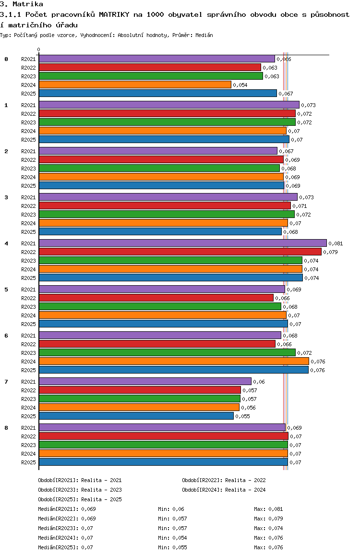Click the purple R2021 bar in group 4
[183, 243]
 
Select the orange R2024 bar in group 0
[135, 85]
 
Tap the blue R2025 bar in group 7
[136, 416]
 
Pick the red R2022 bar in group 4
[180, 252]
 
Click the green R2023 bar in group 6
[167, 352]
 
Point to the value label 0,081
[336, 243]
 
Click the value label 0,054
[240, 85]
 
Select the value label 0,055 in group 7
[243, 416]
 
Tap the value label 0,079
[330, 252]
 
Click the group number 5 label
[6, 290]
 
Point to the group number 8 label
[6, 428]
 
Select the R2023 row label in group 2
[28, 169]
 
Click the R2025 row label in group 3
[28, 232]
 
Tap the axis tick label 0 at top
[38, 49]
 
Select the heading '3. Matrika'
[22, 4]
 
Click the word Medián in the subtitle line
[204, 35]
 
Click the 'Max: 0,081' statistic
[269, 509]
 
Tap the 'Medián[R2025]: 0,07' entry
[66, 547]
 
